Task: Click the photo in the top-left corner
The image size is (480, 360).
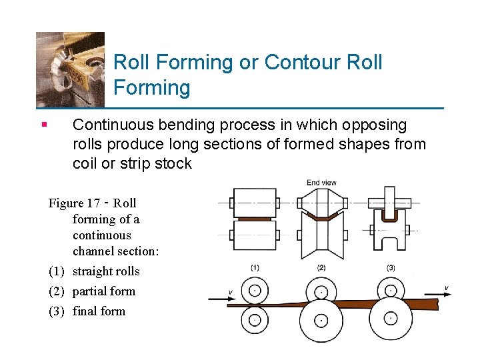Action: pyautogui.click(x=70, y=68)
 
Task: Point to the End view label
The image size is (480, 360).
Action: pyautogui.click(x=321, y=182)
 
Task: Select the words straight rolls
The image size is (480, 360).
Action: pyautogui.click(x=106, y=271)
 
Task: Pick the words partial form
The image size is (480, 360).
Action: pyautogui.click(x=103, y=291)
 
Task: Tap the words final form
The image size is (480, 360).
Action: pyautogui.click(x=99, y=311)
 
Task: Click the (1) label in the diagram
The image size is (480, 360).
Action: pyautogui.click(x=255, y=267)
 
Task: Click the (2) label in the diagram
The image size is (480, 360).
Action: pyautogui.click(x=321, y=267)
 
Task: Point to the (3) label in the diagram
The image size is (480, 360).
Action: pyautogui.click(x=391, y=267)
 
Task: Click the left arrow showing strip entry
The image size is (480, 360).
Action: pyautogui.click(x=218, y=298)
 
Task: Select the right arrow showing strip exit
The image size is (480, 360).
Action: pyautogui.click(x=437, y=292)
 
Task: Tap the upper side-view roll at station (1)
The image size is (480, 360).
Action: pyautogui.click(x=255, y=290)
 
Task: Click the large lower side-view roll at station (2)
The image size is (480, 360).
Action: pyautogui.click(x=321, y=321)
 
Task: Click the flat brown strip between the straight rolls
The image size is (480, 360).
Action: pyautogui.click(x=255, y=218)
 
